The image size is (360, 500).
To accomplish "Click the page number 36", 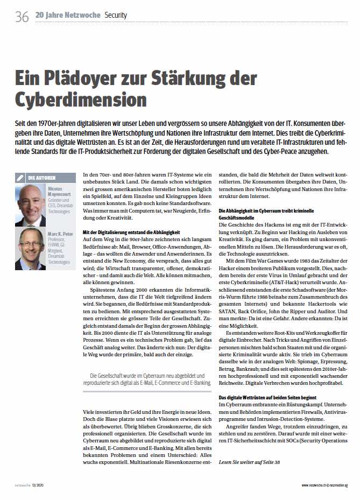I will tap(22, 17).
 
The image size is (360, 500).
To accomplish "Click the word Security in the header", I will tap(116, 16).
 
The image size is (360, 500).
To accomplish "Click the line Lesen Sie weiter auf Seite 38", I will tap(249, 462).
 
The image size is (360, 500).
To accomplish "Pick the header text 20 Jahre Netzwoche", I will tap(68, 15).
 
